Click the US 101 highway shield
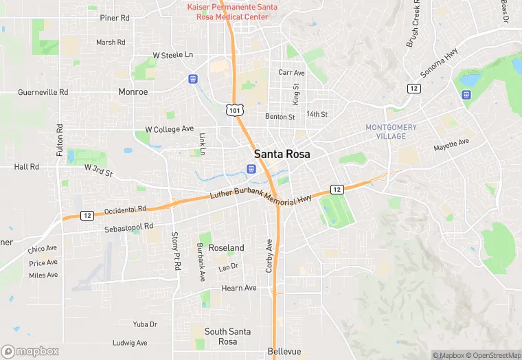coord(234,109)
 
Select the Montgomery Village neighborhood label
coord(391,131)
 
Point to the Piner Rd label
coord(115,18)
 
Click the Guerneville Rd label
coord(43,91)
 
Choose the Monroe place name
coord(133,91)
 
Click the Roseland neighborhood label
coord(226,247)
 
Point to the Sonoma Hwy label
coord(440,65)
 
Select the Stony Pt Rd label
coord(176,251)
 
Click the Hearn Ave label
coord(238,288)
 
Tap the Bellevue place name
coord(284,351)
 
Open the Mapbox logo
coord(30,351)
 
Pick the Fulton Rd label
coord(60,139)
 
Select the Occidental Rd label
coord(125,210)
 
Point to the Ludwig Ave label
coord(130,343)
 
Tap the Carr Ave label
coord(291,72)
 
